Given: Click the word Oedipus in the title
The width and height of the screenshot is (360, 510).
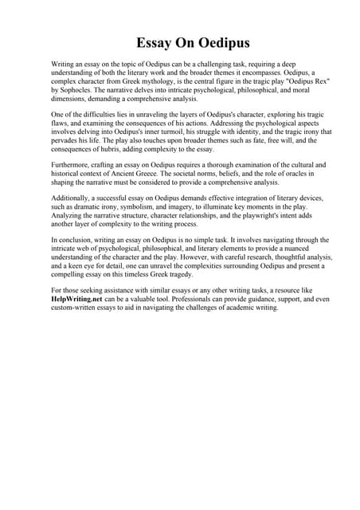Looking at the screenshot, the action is tap(210, 42).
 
